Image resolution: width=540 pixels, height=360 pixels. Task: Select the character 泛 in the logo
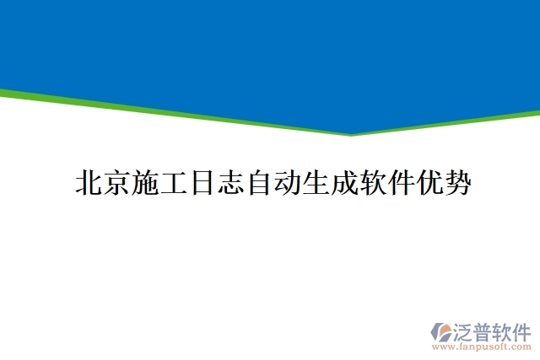pos(465,330)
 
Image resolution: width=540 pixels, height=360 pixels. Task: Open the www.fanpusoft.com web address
pos(482,347)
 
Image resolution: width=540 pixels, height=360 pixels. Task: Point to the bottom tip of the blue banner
pos(350,133)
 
